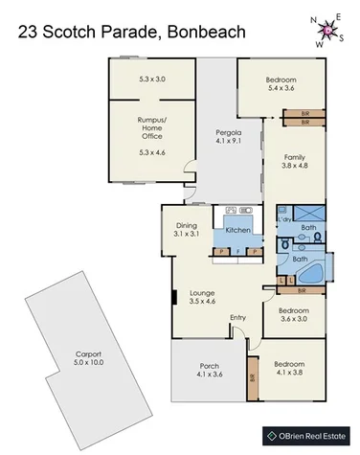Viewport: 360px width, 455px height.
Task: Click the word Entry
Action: click(237, 318)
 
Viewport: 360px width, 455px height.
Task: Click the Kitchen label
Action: click(237, 231)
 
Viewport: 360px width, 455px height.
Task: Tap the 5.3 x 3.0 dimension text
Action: click(152, 78)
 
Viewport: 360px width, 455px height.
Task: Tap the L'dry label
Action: click(284, 221)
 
